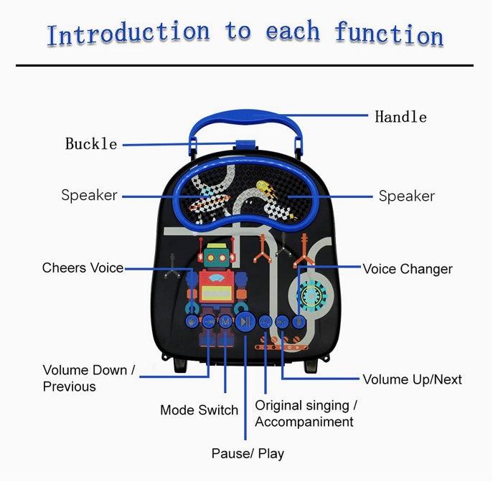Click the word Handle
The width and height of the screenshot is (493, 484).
coord(400,117)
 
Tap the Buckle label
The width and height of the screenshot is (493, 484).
coord(91,144)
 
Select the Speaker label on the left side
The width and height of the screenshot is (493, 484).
coord(89,195)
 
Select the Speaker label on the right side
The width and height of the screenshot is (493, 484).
coord(406,196)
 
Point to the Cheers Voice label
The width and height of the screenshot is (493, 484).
coord(83,268)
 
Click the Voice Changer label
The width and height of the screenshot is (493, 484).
coord(407,269)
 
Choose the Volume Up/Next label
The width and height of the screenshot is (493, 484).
coord(412,379)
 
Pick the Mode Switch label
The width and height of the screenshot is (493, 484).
coord(199,410)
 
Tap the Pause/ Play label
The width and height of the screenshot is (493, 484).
coord(248,453)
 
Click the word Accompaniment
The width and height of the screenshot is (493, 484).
coord(304,422)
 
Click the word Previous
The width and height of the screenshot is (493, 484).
coord(69,386)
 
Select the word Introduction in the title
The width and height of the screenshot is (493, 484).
coord(128,33)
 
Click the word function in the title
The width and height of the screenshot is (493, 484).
coord(388,34)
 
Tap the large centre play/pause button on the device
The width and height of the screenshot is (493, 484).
coord(245,322)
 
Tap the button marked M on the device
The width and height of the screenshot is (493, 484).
coord(225,322)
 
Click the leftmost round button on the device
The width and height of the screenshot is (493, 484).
coord(192,322)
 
